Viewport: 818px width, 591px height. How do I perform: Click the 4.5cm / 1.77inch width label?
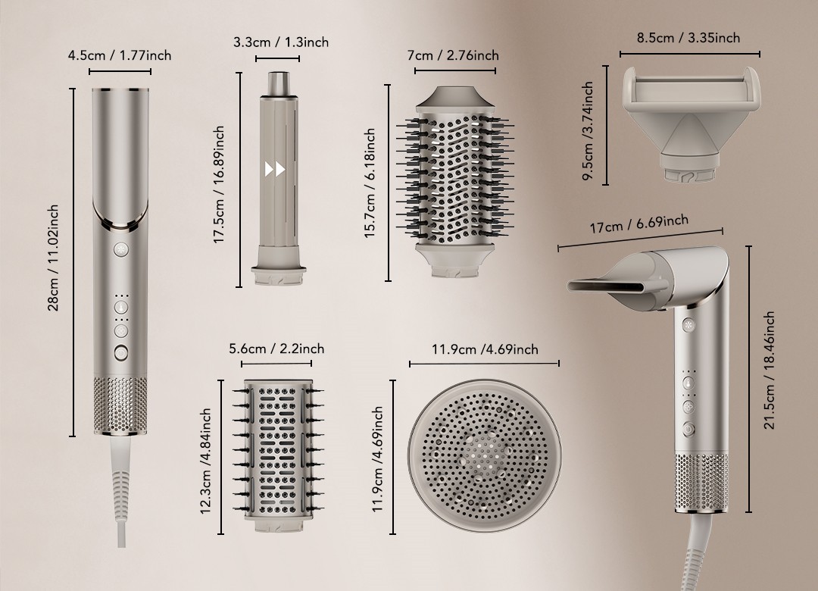120,55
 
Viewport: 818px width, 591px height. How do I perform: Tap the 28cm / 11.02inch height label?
53,258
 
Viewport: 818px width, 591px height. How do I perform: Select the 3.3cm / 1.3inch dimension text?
281,42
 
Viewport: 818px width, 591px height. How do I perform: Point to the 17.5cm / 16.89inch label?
219,185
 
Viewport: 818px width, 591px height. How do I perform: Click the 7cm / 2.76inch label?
453,55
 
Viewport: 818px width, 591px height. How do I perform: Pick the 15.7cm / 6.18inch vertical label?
370,184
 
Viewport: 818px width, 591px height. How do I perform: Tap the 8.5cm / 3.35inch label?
688,38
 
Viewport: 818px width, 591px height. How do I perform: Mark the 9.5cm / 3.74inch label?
588,130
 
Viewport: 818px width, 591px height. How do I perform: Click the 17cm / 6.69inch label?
639,224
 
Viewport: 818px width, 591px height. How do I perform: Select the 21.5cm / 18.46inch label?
769,371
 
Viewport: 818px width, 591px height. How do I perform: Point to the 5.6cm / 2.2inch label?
276,349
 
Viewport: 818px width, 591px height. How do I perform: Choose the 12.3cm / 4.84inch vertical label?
205,461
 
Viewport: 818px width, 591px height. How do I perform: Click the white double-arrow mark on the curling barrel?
275,169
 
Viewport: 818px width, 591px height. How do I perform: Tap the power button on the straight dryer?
121,353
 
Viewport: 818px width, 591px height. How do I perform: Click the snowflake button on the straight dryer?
121,249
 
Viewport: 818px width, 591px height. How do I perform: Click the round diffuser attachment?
485,456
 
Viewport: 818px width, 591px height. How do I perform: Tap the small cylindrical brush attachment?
277,455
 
